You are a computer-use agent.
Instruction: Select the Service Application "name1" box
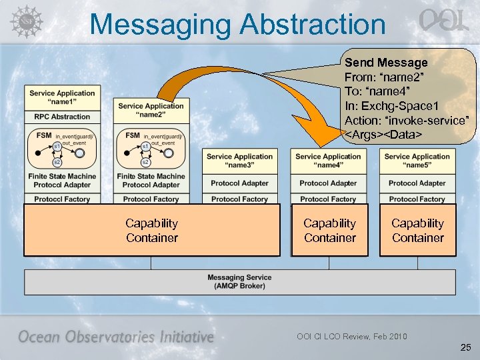62,97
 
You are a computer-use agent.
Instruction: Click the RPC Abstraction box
62,117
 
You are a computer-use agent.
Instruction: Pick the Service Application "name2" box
151,110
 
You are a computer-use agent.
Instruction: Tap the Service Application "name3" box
239,161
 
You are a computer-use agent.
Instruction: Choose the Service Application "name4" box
329,161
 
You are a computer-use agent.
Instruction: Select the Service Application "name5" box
417,161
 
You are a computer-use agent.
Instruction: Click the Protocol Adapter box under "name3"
239,183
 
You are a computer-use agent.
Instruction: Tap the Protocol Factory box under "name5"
417,199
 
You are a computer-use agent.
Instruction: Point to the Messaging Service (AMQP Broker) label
239,282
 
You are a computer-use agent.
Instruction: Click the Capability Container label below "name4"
329,231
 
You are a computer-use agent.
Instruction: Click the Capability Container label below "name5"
417,231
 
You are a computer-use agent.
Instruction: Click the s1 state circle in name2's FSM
145,146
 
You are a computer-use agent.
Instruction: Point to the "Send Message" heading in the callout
386,62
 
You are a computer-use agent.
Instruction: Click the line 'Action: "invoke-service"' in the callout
406,121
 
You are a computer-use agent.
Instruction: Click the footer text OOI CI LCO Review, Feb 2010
352,336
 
